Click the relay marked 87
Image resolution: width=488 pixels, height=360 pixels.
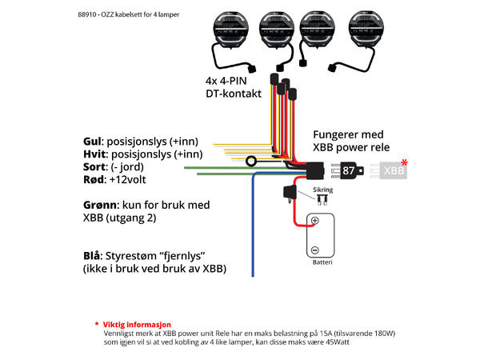350,170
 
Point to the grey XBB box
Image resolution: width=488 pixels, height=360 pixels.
394,170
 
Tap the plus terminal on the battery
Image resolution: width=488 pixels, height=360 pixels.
315,221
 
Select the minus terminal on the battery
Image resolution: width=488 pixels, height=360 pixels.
315,248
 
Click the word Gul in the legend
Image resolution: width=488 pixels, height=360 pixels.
94,139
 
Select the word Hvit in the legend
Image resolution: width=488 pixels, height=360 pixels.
95,154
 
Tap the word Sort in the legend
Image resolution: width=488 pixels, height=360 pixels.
95,168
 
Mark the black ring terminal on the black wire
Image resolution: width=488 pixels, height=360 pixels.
252,162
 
